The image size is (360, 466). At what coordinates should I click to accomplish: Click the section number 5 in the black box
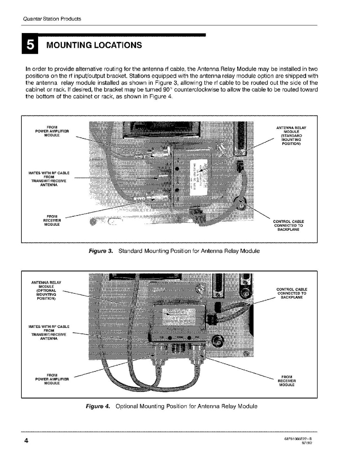pos(30,46)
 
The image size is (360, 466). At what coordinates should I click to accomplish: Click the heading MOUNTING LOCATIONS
pos(94,45)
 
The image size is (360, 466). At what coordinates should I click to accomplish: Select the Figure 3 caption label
pos(101,251)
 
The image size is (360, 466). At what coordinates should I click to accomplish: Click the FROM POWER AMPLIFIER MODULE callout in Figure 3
pos(52,131)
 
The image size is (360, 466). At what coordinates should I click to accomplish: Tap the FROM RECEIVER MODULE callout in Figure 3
pos(52,220)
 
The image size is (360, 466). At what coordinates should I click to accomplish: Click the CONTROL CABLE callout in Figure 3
pos(288,225)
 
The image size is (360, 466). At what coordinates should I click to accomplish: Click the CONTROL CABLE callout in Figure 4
pos(292,293)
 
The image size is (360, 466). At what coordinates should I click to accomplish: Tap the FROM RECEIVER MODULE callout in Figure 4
pos(287,380)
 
